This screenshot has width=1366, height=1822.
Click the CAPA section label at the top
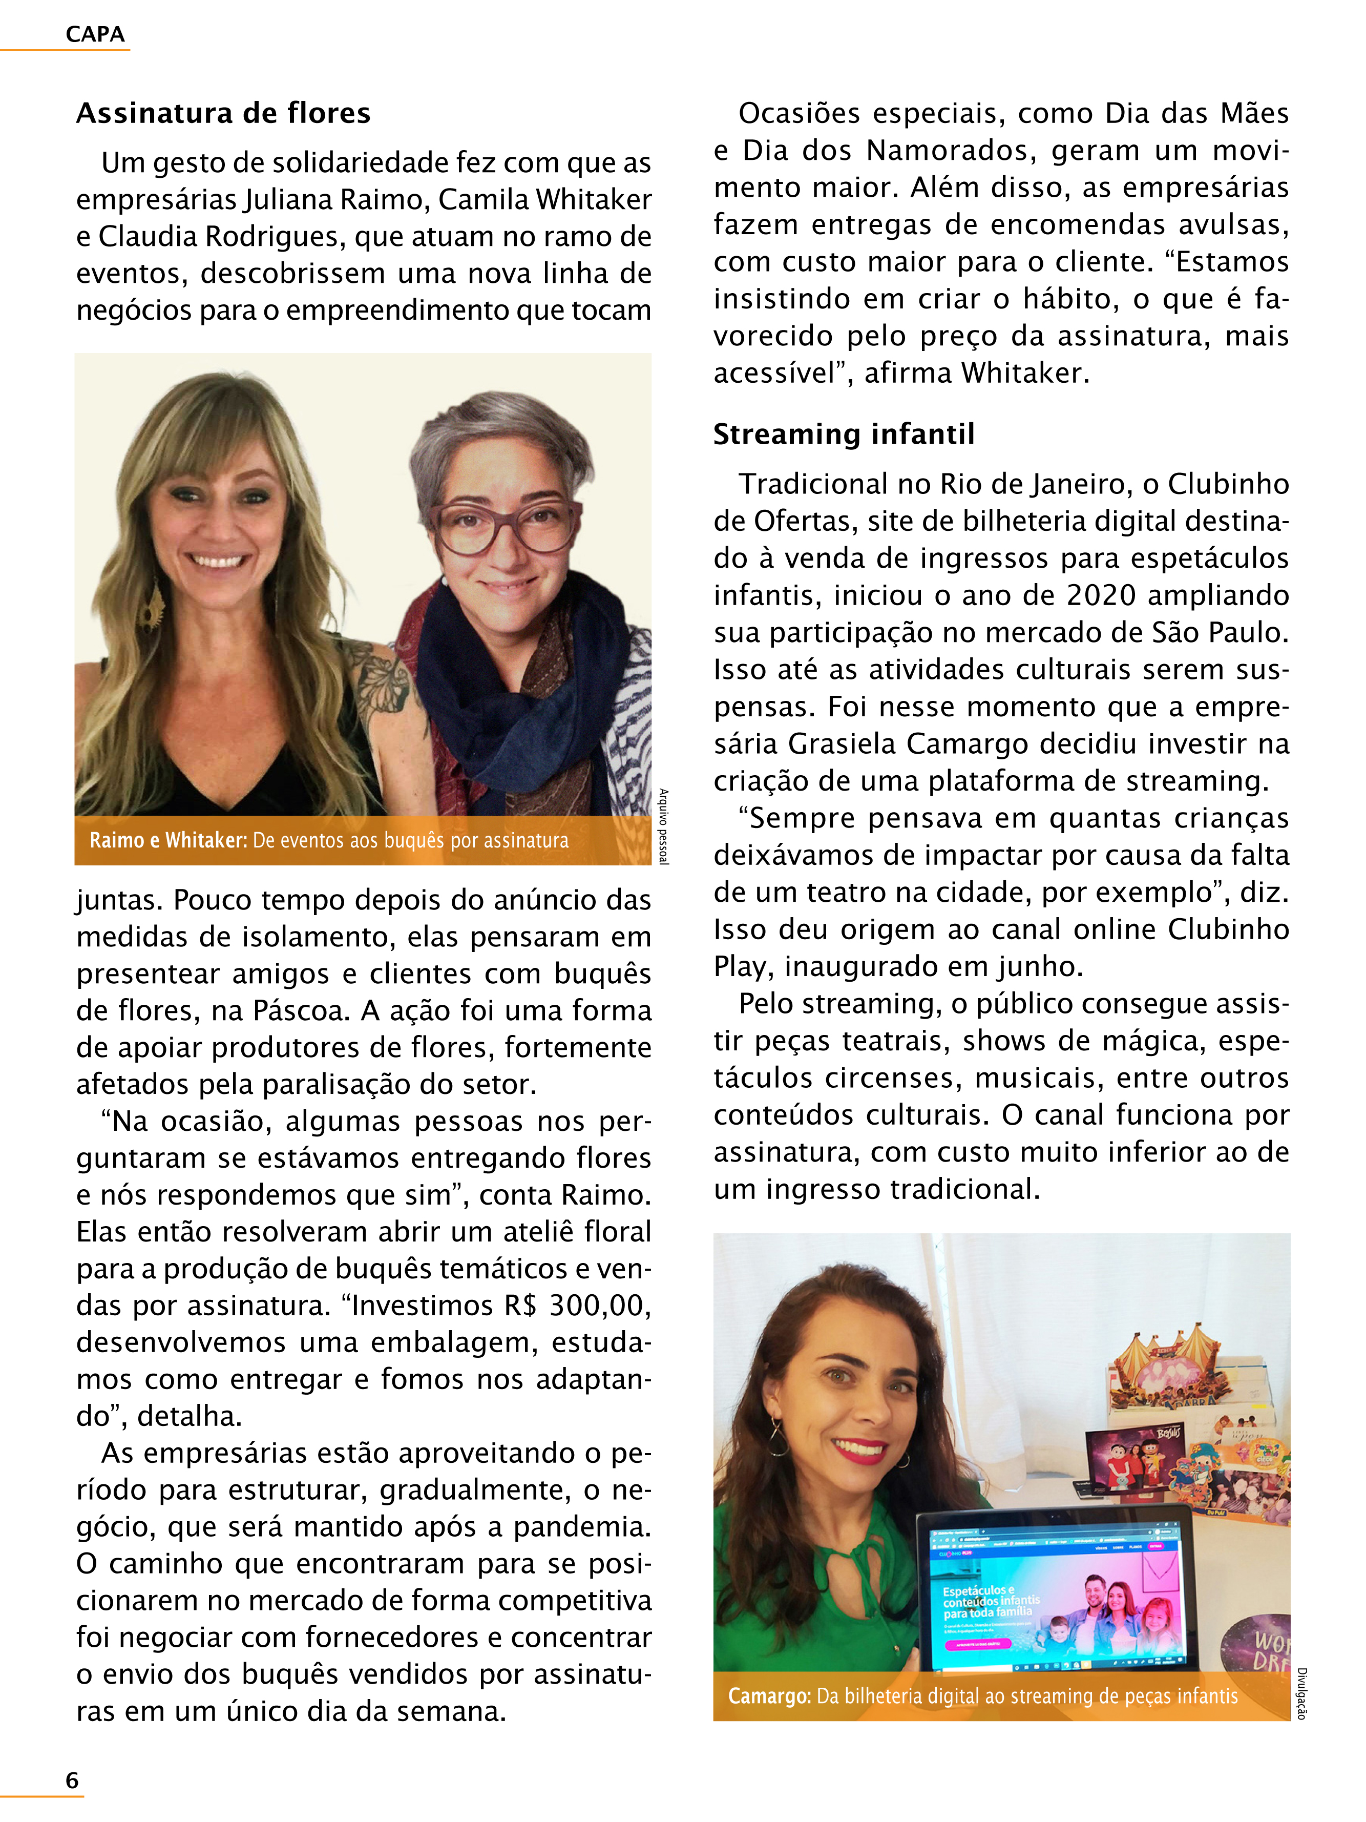click(95, 35)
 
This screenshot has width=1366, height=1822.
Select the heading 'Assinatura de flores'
click(223, 113)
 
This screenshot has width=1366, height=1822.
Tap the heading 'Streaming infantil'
click(843, 434)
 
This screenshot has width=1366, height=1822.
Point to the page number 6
click(72, 1780)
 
